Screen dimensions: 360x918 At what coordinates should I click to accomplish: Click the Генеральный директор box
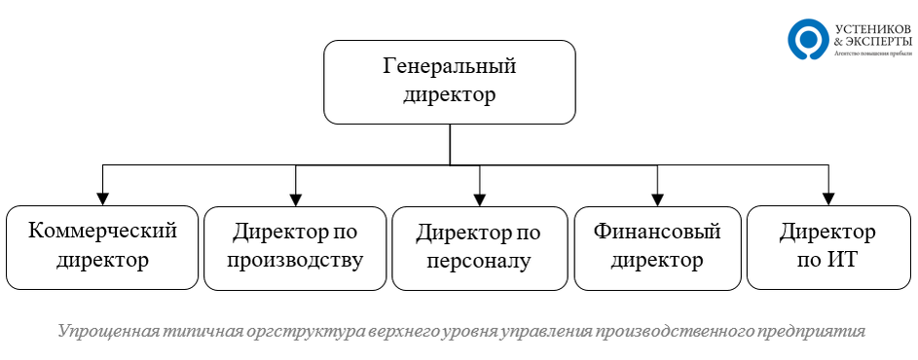pos(449,82)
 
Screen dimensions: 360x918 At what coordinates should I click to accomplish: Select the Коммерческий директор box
pos(102,247)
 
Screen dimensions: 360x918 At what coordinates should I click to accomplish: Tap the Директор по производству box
pos(296,247)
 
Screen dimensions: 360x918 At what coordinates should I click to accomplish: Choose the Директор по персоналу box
pos(479,247)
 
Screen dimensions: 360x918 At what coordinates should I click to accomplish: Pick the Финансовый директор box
pos(657,247)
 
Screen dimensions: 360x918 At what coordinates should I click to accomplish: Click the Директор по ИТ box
pos(827,247)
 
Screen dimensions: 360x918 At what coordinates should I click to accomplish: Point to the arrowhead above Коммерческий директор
pos(102,198)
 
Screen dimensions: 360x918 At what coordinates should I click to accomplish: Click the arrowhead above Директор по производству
pos(296,198)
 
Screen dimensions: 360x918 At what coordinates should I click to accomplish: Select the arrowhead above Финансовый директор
pos(657,198)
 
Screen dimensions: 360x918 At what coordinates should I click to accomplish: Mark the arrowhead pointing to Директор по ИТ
pos(827,198)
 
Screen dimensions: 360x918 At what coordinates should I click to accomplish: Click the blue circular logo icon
pos(807,40)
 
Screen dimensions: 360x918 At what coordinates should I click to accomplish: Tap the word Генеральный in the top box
pos(449,68)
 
